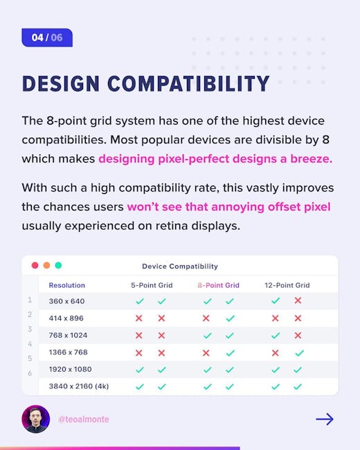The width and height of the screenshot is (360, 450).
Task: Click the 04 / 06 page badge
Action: (47, 37)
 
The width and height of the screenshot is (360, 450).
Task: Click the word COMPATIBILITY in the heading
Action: (188, 84)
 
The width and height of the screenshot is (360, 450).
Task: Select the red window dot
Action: (35, 265)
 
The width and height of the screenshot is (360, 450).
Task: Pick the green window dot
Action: (58, 265)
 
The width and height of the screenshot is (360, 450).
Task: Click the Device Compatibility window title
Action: (180, 267)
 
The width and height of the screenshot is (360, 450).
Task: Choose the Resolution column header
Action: (67, 285)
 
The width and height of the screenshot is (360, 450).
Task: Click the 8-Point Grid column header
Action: (219, 285)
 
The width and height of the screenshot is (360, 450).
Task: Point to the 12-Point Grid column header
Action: (287, 285)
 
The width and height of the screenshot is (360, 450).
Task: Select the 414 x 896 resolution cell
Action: (66, 318)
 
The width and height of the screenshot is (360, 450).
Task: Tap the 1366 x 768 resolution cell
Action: (69, 352)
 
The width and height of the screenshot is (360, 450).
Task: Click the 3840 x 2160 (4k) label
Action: (79, 386)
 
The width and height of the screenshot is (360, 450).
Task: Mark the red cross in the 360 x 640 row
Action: (298, 300)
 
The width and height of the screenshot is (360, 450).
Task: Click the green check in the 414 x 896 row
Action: (231, 318)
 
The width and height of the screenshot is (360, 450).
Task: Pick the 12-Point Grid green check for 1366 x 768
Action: (300, 352)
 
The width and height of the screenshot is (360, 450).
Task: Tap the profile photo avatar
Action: (36, 419)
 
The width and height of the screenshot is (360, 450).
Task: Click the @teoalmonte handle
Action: (84, 420)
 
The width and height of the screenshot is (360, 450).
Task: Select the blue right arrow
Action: (325, 420)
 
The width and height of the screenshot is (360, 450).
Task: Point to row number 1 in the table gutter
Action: (30, 300)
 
